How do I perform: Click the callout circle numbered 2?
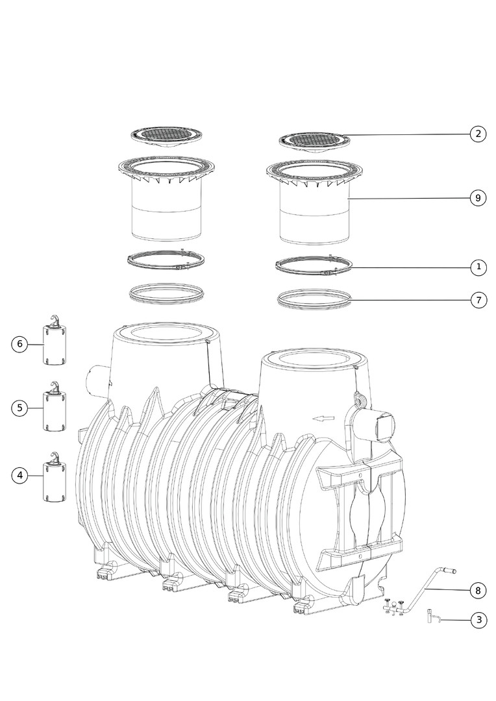pos(478,134)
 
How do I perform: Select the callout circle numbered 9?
pos(478,197)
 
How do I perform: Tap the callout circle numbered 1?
pos(478,267)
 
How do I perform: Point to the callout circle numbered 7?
pos(478,300)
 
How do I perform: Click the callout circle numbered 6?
pos(19,344)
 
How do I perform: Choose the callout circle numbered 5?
pos(19,408)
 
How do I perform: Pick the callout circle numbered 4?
pos(19,475)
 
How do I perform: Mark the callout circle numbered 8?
pos(478,591)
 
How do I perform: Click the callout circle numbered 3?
pos(479,620)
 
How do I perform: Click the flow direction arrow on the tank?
pos(323,419)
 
